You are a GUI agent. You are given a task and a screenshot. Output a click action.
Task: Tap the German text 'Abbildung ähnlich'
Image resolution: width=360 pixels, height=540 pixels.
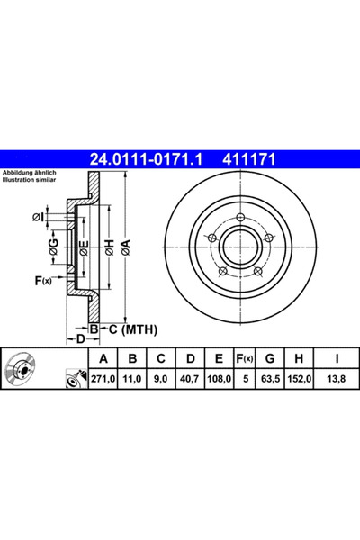pyautogui.click(x=30, y=172)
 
